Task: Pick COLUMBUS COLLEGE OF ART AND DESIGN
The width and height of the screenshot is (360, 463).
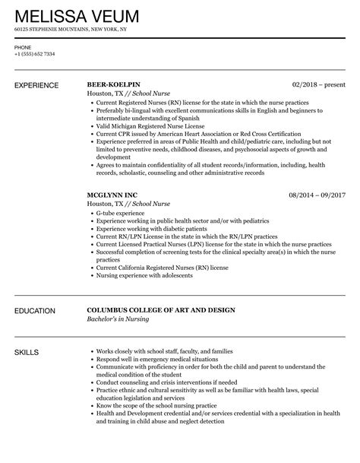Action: point(160,289)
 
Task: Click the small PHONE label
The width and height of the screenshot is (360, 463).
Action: point(23,47)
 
